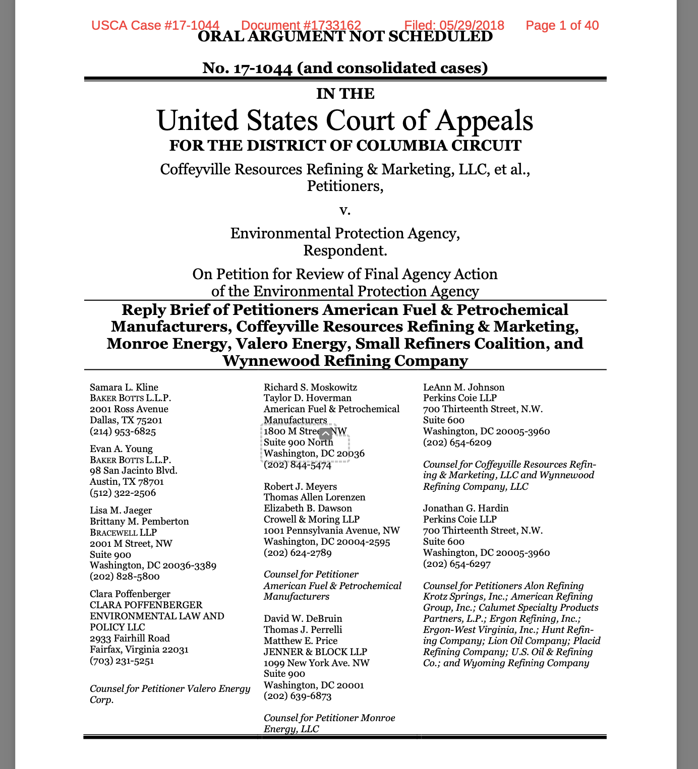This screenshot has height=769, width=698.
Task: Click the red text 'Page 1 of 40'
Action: click(x=562, y=25)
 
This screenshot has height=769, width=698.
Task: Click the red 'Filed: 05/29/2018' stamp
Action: click(x=454, y=25)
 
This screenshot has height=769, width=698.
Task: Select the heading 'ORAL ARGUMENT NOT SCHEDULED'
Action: click(x=345, y=37)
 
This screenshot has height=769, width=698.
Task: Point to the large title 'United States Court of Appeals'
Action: click(x=345, y=120)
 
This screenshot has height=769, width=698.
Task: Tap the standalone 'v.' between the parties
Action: click(x=345, y=210)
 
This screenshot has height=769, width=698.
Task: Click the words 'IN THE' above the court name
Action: click(x=345, y=94)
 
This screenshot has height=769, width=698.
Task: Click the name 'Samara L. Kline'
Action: click(x=124, y=387)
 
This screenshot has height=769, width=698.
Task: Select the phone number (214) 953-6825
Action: click(x=123, y=431)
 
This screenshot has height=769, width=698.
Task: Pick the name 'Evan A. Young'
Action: click(x=121, y=448)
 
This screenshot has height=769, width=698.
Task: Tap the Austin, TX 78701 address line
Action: click(x=127, y=482)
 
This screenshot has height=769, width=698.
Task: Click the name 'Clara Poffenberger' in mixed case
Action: click(x=130, y=594)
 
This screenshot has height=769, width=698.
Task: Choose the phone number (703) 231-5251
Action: click(x=122, y=660)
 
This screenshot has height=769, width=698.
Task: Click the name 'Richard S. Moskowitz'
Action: click(x=310, y=387)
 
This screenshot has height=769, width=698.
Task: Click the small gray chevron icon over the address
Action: click(x=326, y=433)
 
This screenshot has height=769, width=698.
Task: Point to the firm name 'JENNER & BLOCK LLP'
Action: click(x=315, y=652)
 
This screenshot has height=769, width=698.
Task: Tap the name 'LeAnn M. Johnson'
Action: click(x=463, y=387)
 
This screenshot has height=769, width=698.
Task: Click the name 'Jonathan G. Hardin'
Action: click(x=466, y=508)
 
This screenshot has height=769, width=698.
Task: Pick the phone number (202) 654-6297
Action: click(x=456, y=563)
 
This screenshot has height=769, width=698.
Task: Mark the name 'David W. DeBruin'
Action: click(x=303, y=618)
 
